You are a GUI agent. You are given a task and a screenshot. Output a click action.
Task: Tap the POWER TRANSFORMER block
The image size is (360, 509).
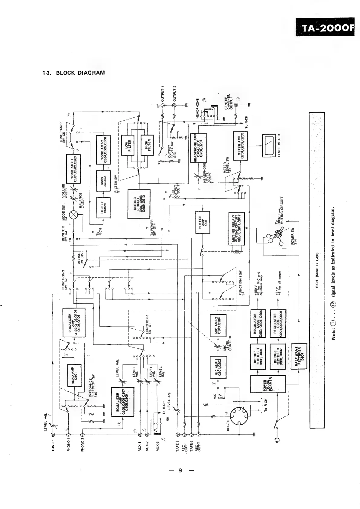pos(268,384)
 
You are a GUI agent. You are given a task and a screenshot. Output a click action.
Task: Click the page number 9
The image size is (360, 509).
pos(180,471)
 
